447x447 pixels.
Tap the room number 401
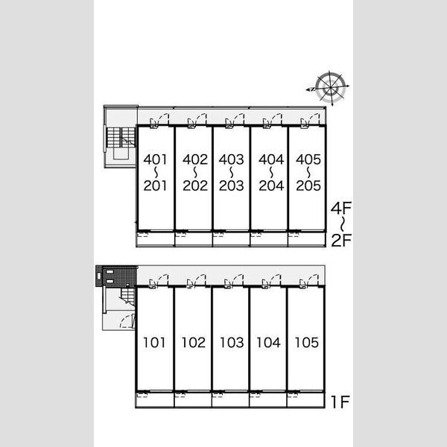click(x=155, y=159)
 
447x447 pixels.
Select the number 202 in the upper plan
click(x=195, y=186)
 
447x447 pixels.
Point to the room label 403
click(x=231, y=159)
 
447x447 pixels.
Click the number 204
click(x=271, y=186)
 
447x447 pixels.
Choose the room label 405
click(x=308, y=159)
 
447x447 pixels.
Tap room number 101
click(x=154, y=343)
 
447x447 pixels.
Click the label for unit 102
click(x=193, y=343)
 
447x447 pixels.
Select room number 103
click(x=232, y=343)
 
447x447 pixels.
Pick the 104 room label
click(x=268, y=343)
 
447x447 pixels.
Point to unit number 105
click(x=306, y=343)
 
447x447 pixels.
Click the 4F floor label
click(x=341, y=208)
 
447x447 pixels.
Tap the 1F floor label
click(x=340, y=402)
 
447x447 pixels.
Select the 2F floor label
click(x=341, y=240)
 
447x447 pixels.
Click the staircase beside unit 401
click(x=121, y=137)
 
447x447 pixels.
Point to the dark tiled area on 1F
click(x=117, y=276)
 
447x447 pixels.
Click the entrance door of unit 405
click(x=310, y=120)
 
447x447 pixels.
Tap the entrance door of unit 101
click(x=159, y=281)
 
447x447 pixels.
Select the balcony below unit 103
click(x=230, y=399)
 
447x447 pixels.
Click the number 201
click(x=155, y=186)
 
